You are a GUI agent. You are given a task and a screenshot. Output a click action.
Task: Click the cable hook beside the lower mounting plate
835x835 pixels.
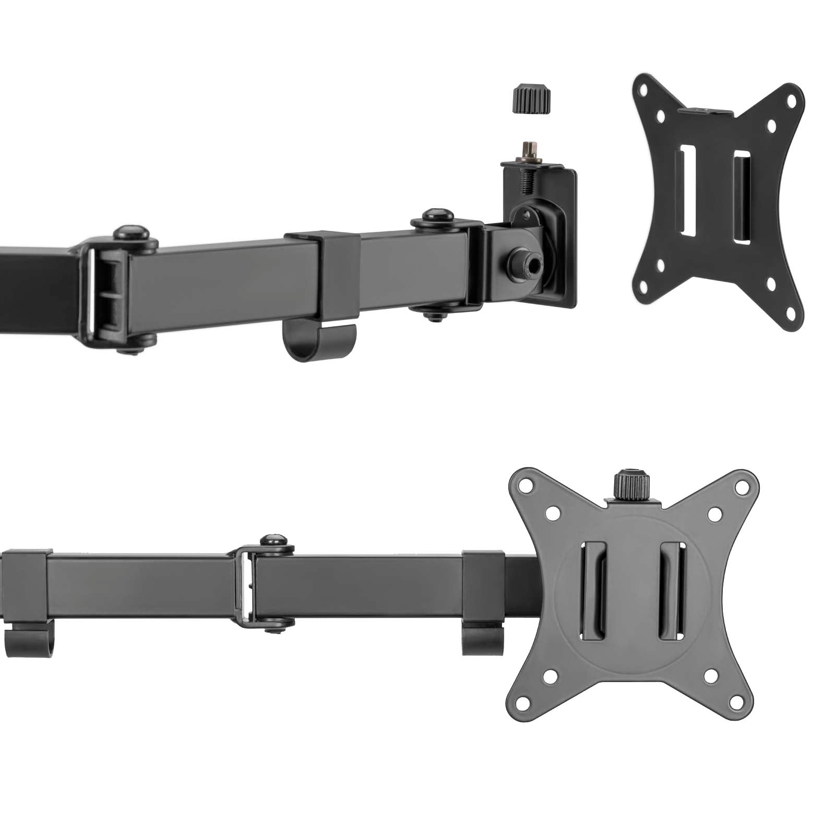[x=482, y=639]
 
